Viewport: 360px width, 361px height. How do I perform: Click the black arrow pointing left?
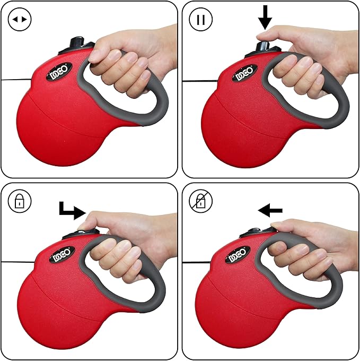tap(270, 211)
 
